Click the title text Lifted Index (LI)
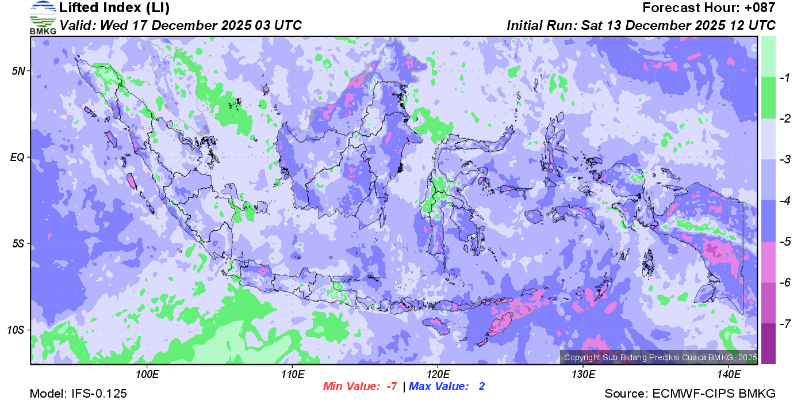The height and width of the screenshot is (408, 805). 114,8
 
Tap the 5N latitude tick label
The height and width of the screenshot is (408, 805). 19,71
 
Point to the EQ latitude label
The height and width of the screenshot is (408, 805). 19,157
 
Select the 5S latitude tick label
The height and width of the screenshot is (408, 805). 19,243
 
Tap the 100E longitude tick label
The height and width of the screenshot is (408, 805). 147,375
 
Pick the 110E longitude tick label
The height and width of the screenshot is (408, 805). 293,375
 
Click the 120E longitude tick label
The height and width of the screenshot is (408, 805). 438,375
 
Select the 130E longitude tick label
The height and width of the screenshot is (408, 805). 583,375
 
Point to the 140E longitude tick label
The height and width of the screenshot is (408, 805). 728,375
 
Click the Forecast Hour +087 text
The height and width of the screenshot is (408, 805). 709,8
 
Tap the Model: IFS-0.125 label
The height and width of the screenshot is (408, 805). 78,394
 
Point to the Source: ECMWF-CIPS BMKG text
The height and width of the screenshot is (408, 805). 690,394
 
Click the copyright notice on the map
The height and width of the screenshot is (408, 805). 659,357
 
